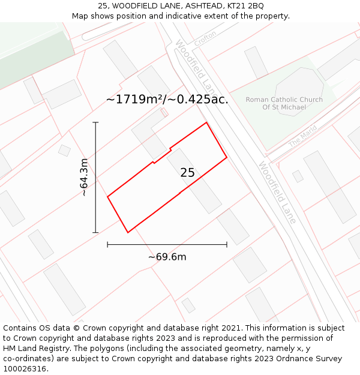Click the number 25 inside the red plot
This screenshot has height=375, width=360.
[187, 173]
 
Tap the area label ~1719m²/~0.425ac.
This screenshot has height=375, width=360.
[167, 100]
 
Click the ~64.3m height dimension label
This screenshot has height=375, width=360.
[84, 177]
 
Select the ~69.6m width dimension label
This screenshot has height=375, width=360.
[167, 257]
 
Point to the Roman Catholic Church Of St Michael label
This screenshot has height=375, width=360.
[284, 103]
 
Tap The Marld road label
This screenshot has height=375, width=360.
[302, 140]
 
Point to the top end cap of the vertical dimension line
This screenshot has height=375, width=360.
[95, 122]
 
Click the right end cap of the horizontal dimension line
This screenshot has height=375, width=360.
[227, 244]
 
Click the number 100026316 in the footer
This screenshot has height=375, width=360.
[24, 368]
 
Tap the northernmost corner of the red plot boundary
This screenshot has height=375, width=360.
[207, 122]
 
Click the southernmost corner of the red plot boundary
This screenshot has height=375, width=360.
[128, 232]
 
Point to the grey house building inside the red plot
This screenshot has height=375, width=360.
[194, 181]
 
